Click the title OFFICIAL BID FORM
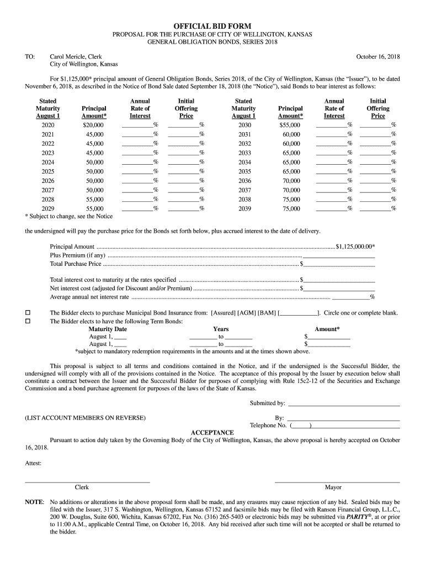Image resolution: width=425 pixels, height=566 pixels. point(212,26)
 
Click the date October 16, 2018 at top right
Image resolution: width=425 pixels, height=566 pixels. point(378,57)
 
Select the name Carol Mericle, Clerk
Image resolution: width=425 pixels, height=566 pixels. point(76,57)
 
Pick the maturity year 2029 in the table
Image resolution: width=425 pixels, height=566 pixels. point(47,209)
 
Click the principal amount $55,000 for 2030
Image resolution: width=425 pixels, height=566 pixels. point(290,125)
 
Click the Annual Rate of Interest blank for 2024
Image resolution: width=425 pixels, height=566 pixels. point(137,162)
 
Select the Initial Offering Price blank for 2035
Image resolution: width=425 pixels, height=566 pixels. point(375,171)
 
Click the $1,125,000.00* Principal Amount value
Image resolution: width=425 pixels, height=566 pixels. point(355,247)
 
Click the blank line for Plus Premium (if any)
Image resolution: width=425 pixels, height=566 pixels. point(339,255)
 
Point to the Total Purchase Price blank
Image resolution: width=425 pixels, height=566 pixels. point(339,264)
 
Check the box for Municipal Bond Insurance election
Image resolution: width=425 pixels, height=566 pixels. point(28,313)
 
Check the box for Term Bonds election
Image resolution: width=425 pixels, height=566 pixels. point(28,321)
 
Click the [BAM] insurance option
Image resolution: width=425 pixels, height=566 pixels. point(267,313)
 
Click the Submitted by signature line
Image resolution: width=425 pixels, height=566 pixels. point(343,406)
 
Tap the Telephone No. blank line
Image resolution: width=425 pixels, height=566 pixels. point(355,426)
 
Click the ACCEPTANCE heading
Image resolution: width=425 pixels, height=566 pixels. point(212,432)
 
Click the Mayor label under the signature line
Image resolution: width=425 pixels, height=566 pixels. point(333,488)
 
